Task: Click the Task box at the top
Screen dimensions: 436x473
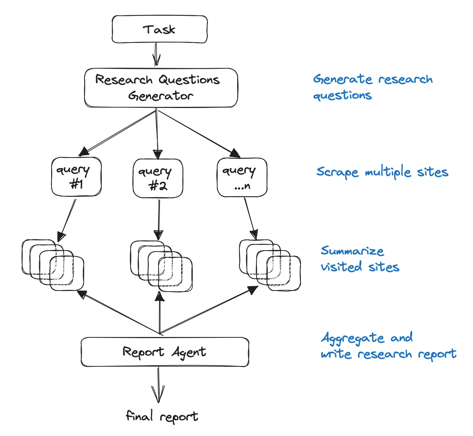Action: pos(160,29)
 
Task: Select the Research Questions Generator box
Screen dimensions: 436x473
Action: pos(161,88)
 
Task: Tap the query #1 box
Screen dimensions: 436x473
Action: pos(76,177)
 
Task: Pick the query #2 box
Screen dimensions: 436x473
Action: pos(158,178)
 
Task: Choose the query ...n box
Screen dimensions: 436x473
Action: pos(242,178)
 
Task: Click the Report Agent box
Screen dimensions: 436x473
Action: pos(165,352)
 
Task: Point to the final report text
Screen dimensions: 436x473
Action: pos(162,416)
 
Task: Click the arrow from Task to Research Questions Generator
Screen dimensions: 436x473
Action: pos(156,55)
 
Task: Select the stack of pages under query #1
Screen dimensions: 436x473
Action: pos(53,265)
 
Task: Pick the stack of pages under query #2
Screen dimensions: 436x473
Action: pos(161,266)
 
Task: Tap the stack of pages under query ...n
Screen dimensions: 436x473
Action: pos(270,265)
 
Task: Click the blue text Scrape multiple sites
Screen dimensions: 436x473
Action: pos(382,172)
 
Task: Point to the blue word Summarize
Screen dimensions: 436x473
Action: pos(352,251)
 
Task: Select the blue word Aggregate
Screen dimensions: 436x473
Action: pos(353,338)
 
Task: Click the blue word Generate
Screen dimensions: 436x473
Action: pos(343,79)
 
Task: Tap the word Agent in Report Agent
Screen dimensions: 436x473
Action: pos(189,352)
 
